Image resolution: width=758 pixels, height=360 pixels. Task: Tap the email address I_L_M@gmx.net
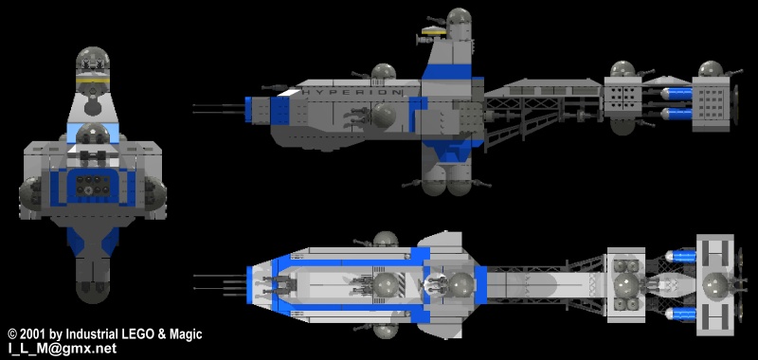tap(62, 349)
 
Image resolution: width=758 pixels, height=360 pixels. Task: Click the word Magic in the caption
tap(184, 334)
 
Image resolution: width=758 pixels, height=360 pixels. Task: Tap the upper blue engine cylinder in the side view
tap(674, 93)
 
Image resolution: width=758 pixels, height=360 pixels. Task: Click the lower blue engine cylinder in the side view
tap(674, 114)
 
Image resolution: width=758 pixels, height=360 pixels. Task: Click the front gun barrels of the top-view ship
tap(218, 281)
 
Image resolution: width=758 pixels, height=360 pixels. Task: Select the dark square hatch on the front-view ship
tap(90, 188)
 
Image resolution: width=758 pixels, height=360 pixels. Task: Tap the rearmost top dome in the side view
tap(710, 70)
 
